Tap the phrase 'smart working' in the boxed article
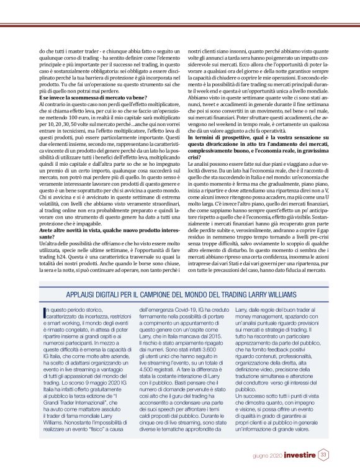(x=58, y=305)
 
